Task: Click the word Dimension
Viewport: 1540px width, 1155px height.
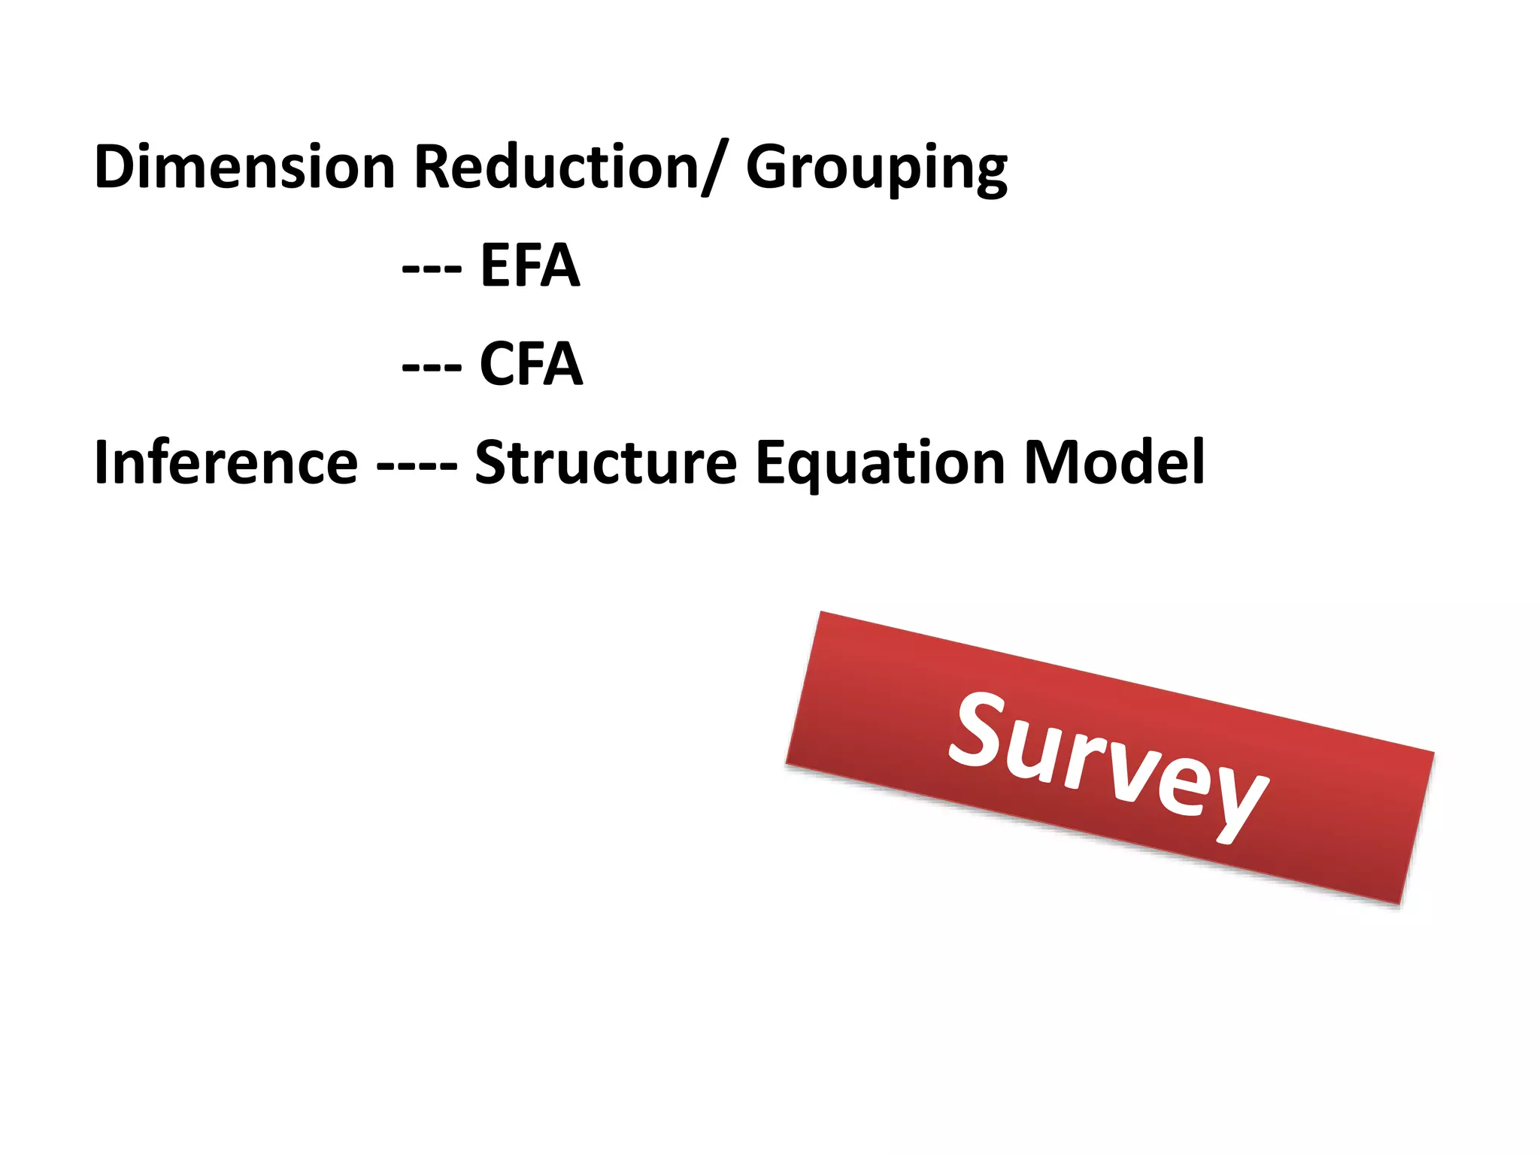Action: click(x=244, y=167)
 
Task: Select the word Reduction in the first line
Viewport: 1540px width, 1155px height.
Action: click(x=556, y=167)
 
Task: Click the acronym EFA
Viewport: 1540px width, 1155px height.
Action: click(x=530, y=265)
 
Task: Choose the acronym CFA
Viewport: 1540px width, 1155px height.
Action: click(x=531, y=364)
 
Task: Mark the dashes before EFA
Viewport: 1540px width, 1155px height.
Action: click(x=432, y=268)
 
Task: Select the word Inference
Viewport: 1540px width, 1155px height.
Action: click(x=226, y=462)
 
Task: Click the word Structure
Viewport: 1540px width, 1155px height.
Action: click(x=606, y=462)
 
